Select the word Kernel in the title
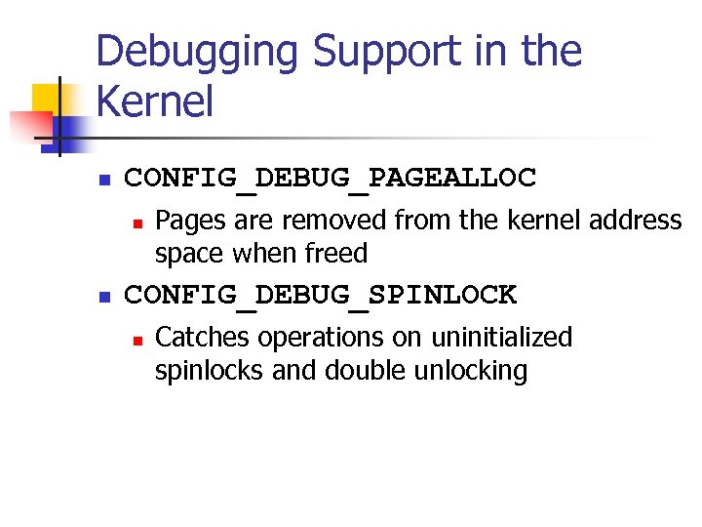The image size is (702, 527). pos(155,101)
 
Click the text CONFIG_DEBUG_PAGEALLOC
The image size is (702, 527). pos(331,178)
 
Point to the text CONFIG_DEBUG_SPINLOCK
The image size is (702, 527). pos(321,294)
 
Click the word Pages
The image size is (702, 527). pos(190,221)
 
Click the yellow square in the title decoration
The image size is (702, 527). pos(47,98)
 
